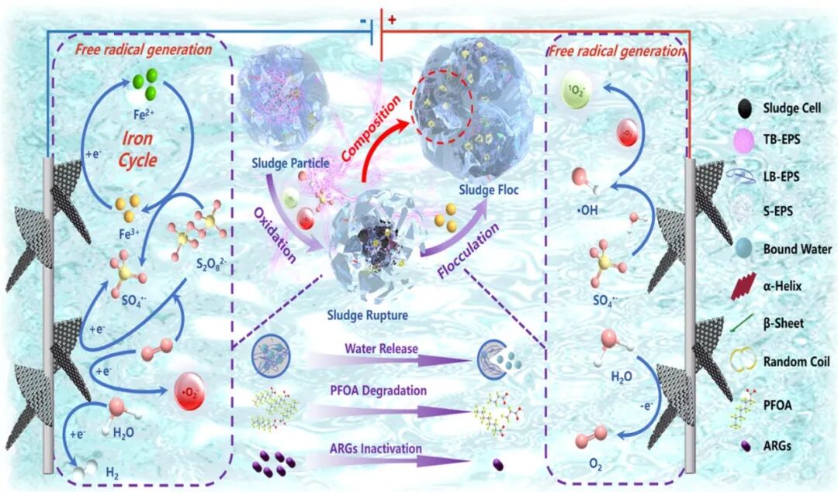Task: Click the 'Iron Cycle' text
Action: pyautogui.click(x=138, y=150)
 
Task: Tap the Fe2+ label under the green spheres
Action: pyautogui.click(x=144, y=114)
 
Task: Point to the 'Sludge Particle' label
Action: pyautogui.click(x=290, y=163)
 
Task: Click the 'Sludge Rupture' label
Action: pyautogui.click(x=368, y=315)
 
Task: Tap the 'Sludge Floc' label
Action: pyautogui.click(x=489, y=189)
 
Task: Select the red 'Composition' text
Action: pyautogui.click(x=371, y=129)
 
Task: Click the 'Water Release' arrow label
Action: pyautogui.click(x=381, y=349)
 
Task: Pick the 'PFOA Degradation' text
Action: pyautogui.click(x=378, y=391)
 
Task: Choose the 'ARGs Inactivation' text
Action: pyautogui.click(x=376, y=449)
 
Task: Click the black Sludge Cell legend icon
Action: pyautogui.click(x=742, y=108)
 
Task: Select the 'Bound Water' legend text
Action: pyautogui.click(x=798, y=249)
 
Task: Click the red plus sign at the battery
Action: pyautogui.click(x=392, y=19)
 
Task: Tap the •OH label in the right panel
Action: pyautogui.click(x=587, y=210)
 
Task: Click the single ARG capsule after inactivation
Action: pyautogui.click(x=497, y=466)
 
